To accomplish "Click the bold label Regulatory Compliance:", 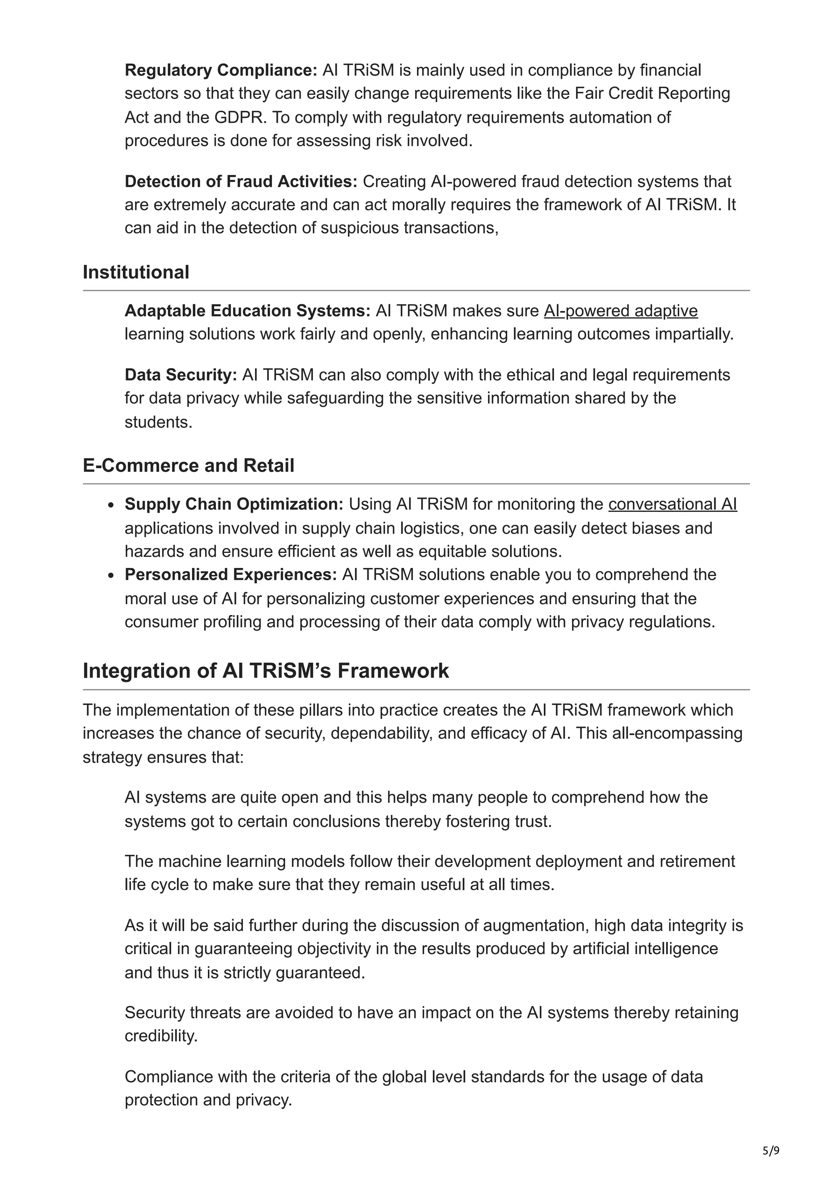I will point(221,70).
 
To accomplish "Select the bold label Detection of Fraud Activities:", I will point(241,181).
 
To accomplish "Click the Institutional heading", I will point(136,272).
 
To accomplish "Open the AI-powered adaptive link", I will point(621,311).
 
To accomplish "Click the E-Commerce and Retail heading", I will point(188,465).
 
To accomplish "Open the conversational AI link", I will point(672,504).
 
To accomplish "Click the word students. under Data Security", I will point(158,422).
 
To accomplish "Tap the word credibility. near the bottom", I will point(161,1036).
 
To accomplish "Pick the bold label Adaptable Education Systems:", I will point(247,311).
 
